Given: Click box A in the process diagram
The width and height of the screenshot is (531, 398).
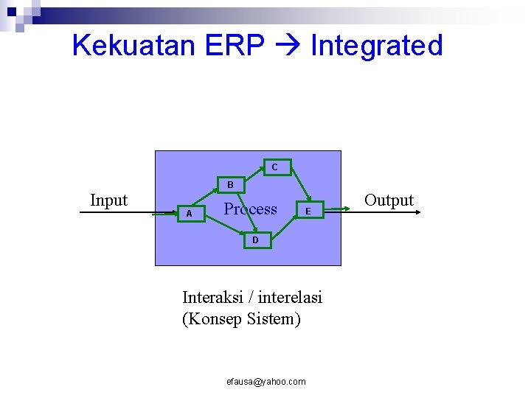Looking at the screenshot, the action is [190, 214].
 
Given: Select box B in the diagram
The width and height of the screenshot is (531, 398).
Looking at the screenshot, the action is [230, 184].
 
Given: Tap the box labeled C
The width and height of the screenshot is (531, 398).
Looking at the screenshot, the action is [274, 167].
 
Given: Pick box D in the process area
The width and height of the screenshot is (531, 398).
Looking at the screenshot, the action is [255, 240].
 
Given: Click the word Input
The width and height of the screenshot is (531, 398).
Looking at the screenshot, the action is [108, 200].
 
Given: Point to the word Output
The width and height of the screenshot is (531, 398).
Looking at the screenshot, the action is [389, 200].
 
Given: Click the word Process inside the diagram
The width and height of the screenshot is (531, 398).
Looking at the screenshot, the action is [250, 209].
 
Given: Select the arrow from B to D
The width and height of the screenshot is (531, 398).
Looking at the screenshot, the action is [241, 214].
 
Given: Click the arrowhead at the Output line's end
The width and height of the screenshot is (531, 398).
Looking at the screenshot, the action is [417, 212].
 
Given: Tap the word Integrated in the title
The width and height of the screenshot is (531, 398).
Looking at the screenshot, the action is [376, 46].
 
